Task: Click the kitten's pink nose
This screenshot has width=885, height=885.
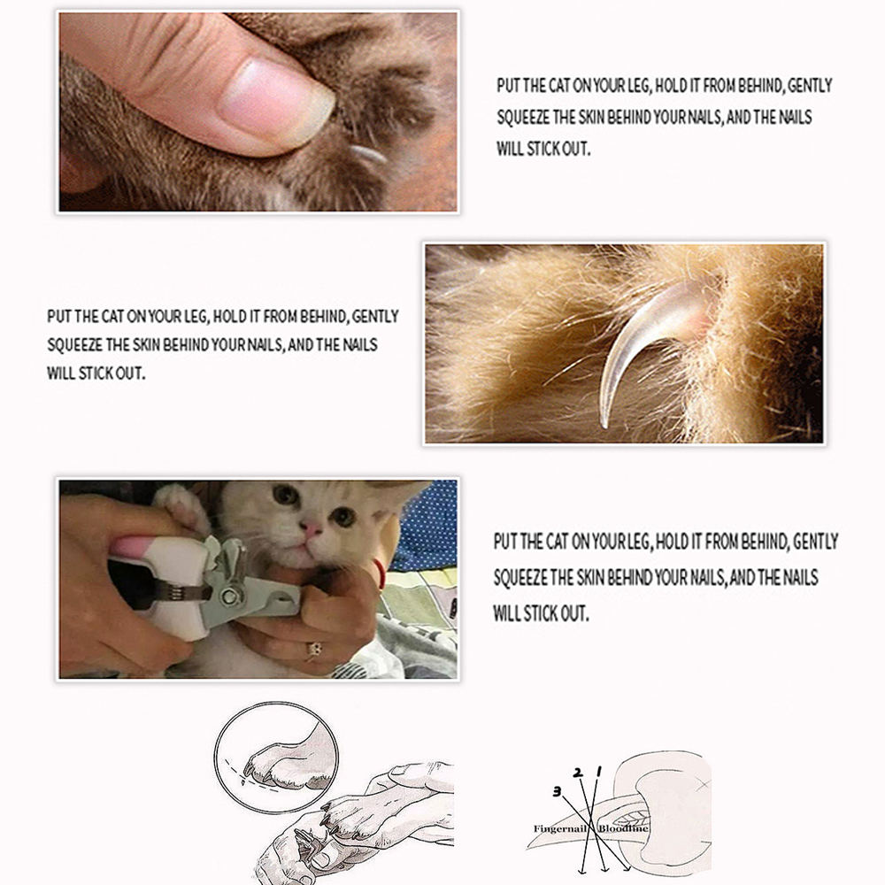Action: point(312,529)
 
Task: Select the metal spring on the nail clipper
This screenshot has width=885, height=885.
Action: point(176,592)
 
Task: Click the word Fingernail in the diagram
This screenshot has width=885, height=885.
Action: point(560,828)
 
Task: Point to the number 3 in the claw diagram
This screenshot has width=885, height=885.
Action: point(556,790)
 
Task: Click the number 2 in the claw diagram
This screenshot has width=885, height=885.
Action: point(578,772)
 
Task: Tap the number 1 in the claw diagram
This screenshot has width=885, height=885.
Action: point(599,771)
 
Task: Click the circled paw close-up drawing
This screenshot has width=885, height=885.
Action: point(276,758)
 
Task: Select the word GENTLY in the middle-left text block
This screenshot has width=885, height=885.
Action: point(376,316)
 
